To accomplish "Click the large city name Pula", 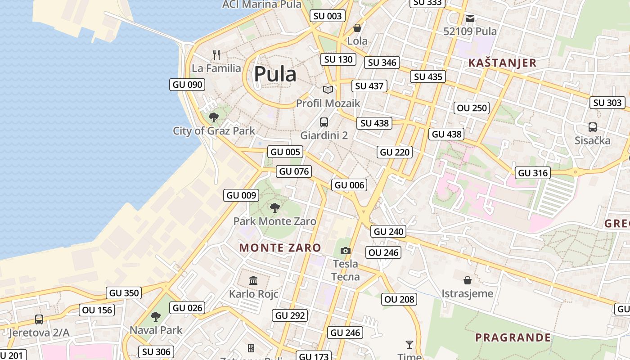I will pyautogui.click(x=275, y=74).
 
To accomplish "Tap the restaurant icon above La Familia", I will pyautogui.click(x=216, y=55).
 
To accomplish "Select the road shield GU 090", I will pyautogui.click(x=187, y=85).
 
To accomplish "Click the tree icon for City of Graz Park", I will pyautogui.click(x=214, y=117).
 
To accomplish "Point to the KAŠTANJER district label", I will pyautogui.click(x=502, y=63).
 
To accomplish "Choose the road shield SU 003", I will pyautogui.click(x=328, y=16).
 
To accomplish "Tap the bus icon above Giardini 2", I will pyautogui.click(x=324, y=122).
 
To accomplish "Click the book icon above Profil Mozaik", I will pyautogui.click(x=328, y=90).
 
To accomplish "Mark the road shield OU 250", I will pyautogui.click(x=472, y=108).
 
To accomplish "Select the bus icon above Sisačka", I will pyautogui.click(x=592, y=127).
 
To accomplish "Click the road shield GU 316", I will pyautogui.click(x=533, y=173).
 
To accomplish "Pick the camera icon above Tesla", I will pyautogui.click(x=345, y=251).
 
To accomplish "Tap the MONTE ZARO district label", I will pyautogui.click(x=280, y=247).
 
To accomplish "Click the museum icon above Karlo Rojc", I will pyautogui.click(x=253, y=281).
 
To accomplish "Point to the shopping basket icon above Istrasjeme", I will pyautogui.click(x=468, y=280).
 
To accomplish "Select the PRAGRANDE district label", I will pyautogui.click(x=513, y=337).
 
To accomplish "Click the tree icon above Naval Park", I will pyautogui.click(x=156, y=317).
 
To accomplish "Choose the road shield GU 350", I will pyautogui.click(x=124, y=293).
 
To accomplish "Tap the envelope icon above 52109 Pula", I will pyautogui.click(x=470, y=18).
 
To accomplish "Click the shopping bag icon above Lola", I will pyautogui.click(x=357, y=28).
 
